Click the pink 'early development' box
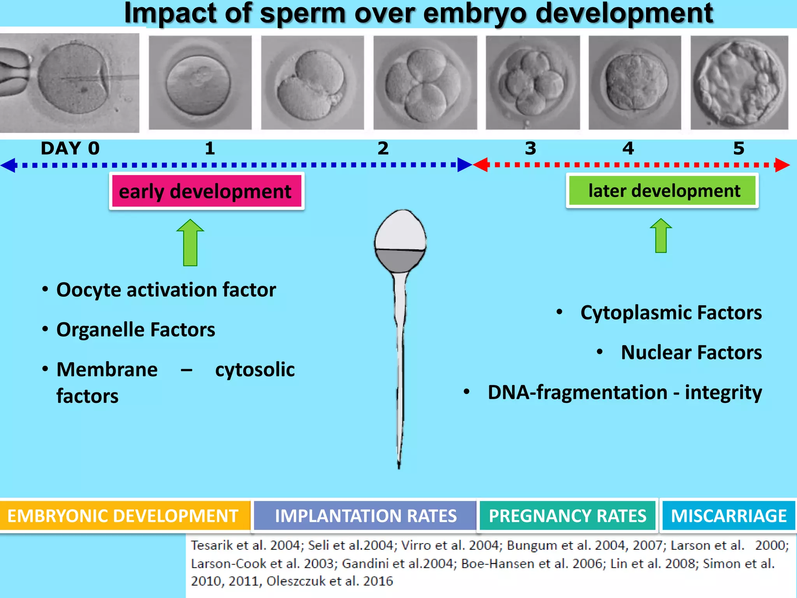pyautogui.click(x=206, y=191)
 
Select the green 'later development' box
pyautogui.click(x=662, y=191)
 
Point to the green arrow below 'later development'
pyautogui.click(x=661, y=236)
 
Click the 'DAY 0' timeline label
pyautogui.click(x=70, y=148)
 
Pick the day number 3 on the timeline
pyautogui.click(x=530, y=148)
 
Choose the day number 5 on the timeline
pyautogui.click(x=739, y=148)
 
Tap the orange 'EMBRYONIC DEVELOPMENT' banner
pyautogui.click(x=123, y=516)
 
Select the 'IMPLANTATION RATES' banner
pyautogui.click(x=365, y=516)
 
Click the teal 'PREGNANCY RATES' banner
pyautogui.click(x=567, y=516)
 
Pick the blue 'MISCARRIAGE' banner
pyautogui.click(x=729, y=516)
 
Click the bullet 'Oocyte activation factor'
pyautogui.click(x=166, y=290)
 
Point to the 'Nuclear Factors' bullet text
pyautogui.click(x=691, y=352)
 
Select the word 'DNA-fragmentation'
pyautogui.click(x=578, y=392)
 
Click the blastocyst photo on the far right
pyautogui.click(x=739, y=83)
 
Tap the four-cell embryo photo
pyautogui.click(x=425, y=83)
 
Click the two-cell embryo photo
pyautogui.click(x=312, y=83)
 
